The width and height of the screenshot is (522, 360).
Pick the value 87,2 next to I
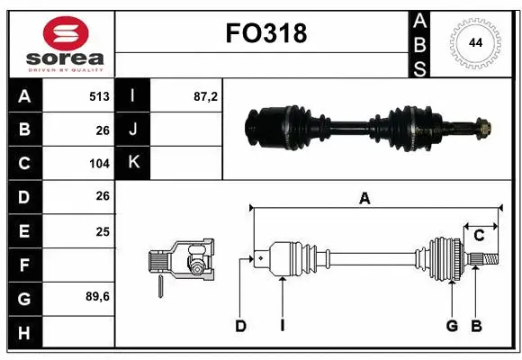[206, 96]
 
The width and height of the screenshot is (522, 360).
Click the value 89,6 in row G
[97, 296]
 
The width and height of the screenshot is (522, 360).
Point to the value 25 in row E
[103, 230]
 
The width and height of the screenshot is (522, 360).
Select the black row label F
[23, 265]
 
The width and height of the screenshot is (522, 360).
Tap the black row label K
[133, 163]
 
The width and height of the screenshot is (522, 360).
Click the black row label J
[133, 130]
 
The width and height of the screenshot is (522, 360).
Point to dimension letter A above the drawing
[364, 200]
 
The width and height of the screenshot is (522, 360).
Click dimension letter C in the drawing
[479, 235]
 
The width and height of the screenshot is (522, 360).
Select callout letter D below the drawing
[240, 326]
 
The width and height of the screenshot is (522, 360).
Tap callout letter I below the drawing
[282, 326]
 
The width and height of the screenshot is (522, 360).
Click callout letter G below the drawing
[453, 326]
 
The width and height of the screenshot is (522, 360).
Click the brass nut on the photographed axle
[481, 128]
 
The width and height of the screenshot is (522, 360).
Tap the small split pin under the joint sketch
[160, 286]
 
